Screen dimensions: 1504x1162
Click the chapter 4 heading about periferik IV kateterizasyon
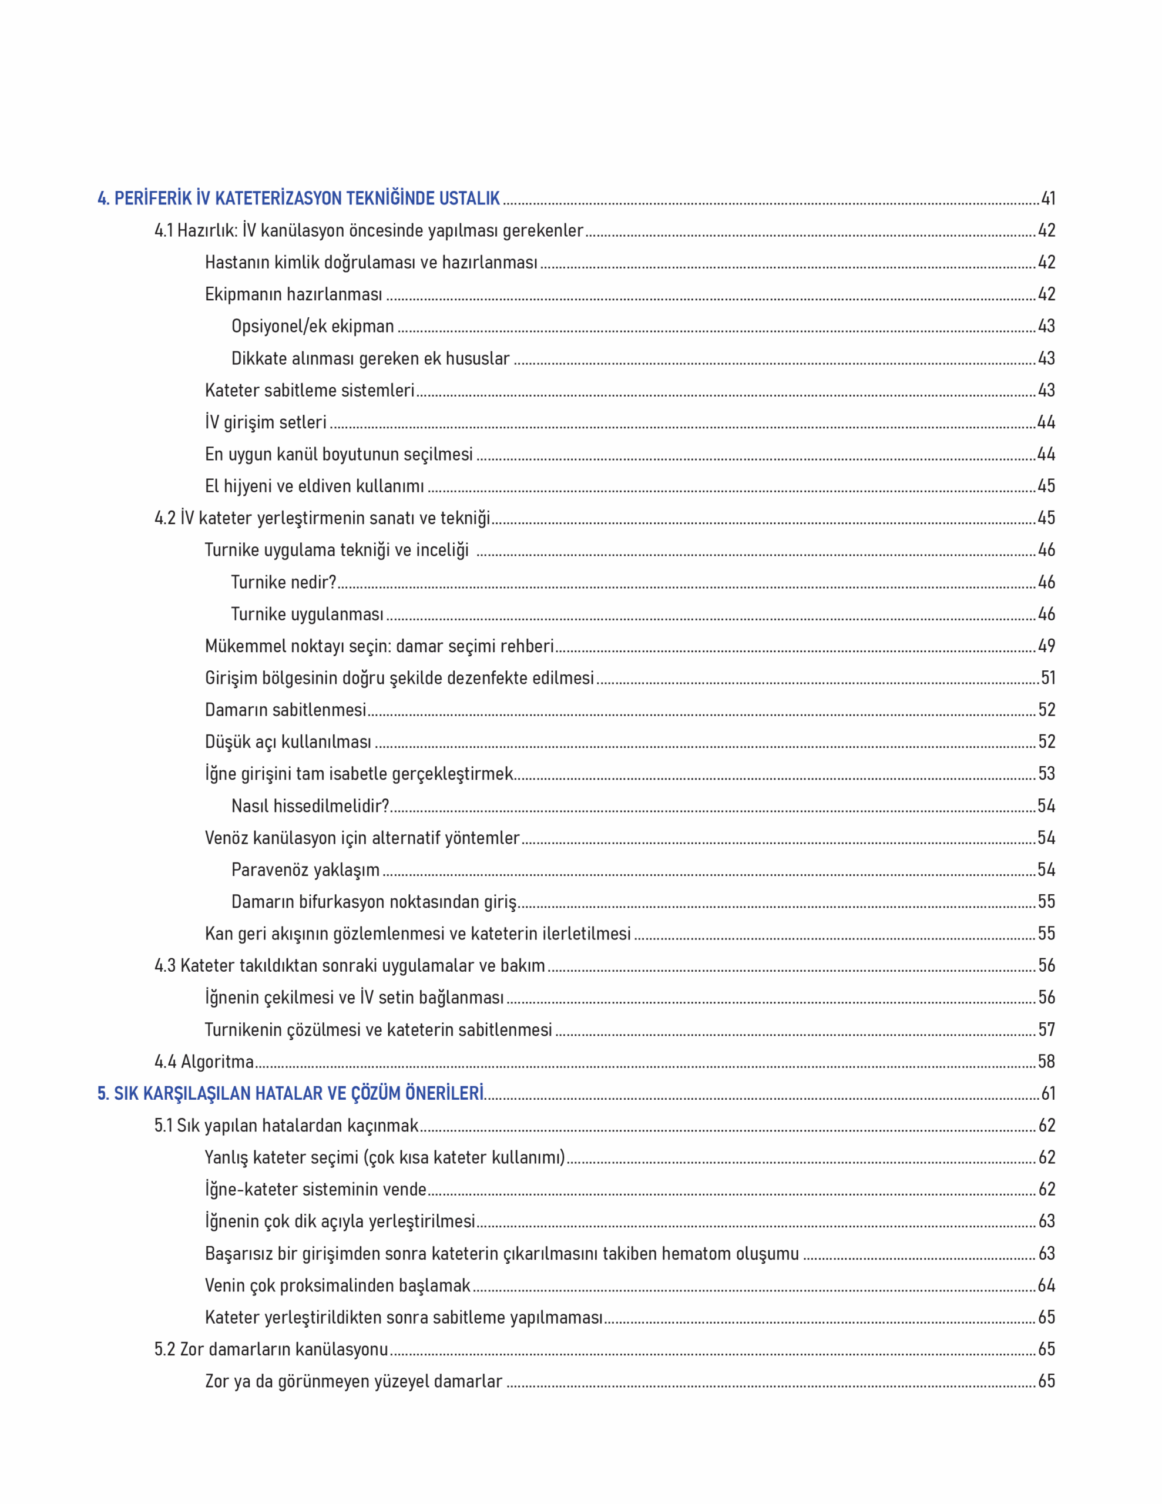(x=298, y=199)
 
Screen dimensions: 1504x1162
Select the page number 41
(x=1047, y=199)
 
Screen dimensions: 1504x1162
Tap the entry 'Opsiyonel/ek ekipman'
(x=313, y=327)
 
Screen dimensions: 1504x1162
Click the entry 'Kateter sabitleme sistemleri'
(x=309, y=391)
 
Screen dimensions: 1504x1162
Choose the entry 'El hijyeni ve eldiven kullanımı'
(x=314, y=486)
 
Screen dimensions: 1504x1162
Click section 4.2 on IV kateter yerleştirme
(x=322, y=518)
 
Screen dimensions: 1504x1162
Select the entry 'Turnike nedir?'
(x=283, y=583)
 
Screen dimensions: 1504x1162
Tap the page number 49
(x=1046, y=646)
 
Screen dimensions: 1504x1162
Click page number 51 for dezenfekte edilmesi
(x=1047, y=679)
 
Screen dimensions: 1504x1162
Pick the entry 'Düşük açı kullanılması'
(x=288, y=741)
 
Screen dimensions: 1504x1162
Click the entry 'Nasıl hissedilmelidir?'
(x=310, y=805)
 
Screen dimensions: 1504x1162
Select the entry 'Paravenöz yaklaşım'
(x=305, y=869)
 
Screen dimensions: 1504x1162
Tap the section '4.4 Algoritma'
(x=204, y=1061)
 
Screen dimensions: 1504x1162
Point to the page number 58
(x=1046, y=1061)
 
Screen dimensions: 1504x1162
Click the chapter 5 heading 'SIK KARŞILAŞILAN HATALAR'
(x=290, y=1093)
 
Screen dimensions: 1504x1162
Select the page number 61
(x=1047, y=1093)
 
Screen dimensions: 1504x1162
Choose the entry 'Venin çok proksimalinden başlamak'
(x=338, y=1285)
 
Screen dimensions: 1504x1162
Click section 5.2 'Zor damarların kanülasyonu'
(x=271, y=1349)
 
